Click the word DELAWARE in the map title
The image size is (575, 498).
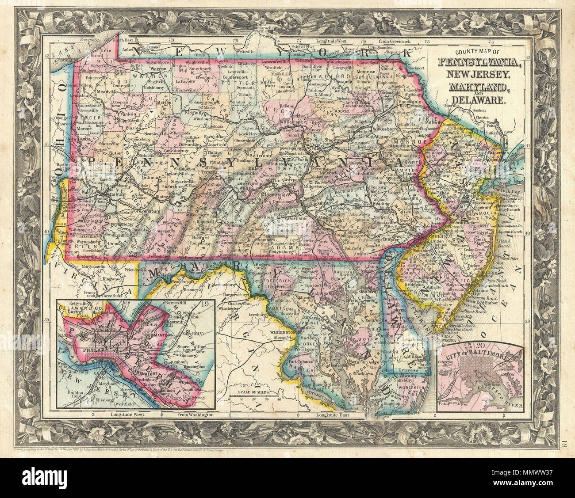coord(483,100)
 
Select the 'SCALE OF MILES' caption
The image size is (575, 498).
coord(254,392)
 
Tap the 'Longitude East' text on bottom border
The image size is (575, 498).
coord(330,415)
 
